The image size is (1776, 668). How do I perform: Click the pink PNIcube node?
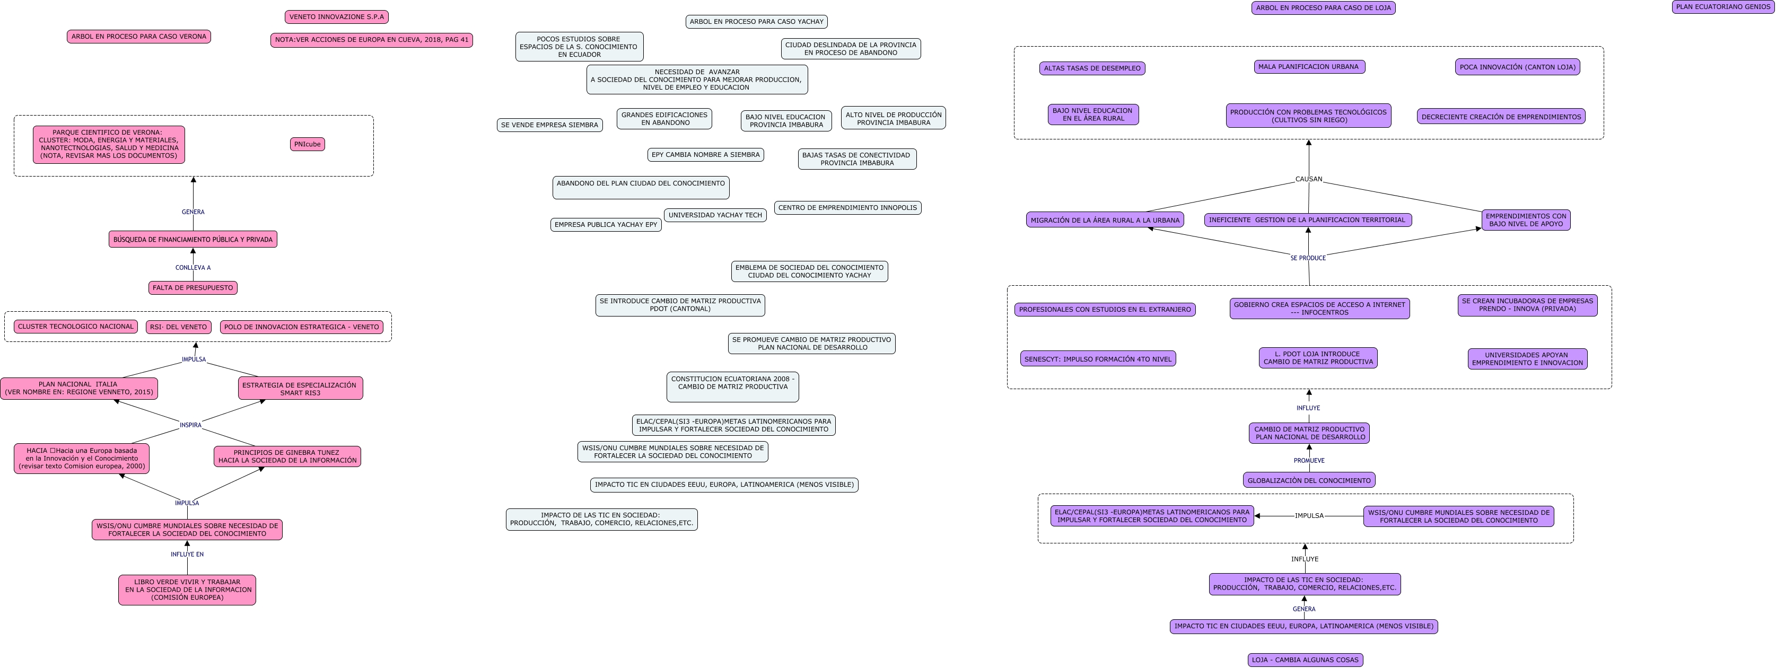pos(307,144)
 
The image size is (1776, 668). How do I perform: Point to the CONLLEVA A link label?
pos(193,268)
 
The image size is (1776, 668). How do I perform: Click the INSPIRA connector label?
pos(191,425)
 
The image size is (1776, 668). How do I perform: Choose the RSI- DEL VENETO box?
pos(179,327)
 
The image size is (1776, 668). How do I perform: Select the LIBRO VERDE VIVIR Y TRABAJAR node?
pos(187,590)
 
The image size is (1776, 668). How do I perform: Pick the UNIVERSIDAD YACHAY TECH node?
pos(715,215)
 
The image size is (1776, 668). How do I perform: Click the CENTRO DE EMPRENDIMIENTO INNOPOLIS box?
pos(847,207)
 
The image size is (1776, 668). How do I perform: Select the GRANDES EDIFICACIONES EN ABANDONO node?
pos(664,119)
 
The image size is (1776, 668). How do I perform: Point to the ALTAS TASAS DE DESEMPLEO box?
pos(1092,68)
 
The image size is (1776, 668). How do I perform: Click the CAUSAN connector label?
pos(1309,179)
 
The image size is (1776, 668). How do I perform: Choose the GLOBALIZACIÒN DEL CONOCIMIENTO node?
pos(1309,480)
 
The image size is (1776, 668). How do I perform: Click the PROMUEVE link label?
pos(1309,461)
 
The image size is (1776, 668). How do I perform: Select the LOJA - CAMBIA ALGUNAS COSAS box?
pos(1305,660)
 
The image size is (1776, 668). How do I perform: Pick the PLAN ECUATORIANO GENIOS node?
pos(1723,7)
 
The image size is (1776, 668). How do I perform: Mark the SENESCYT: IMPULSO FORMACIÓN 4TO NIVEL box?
pos(1098,359)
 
